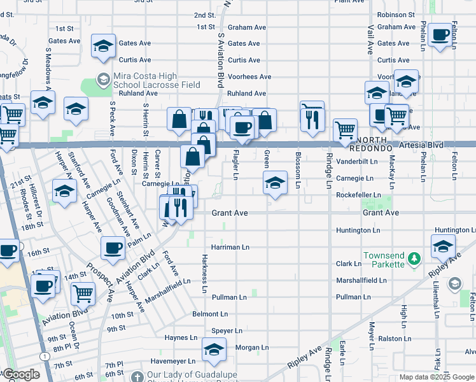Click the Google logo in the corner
tap(21, 374)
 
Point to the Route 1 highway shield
tap(43, 354)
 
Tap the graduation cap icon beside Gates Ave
tap(102, 46)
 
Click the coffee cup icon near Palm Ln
tap(113, 248)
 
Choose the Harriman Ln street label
tap(230, 246)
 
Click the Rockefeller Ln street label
tap(358, 195)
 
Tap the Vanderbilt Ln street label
tap(357, 161)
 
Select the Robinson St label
tap(395, 14)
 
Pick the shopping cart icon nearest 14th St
tap(83, 294)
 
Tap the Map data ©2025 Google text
tap(436, 377)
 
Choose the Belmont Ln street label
tap(210, 314)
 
